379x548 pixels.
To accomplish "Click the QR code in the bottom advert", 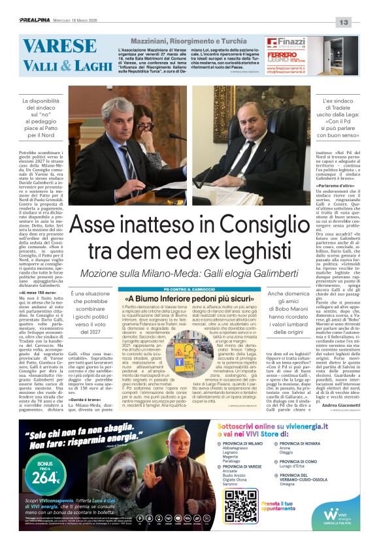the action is pos(240,505).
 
